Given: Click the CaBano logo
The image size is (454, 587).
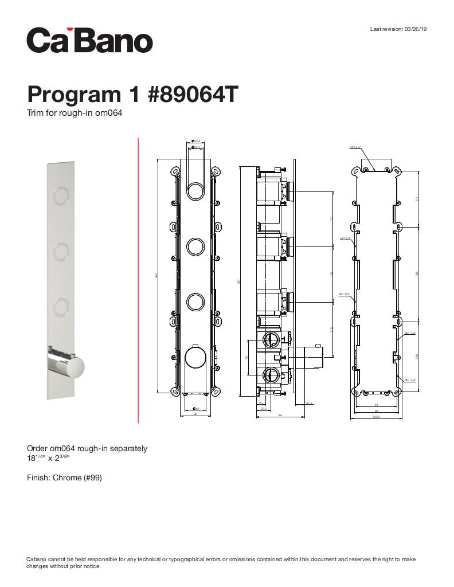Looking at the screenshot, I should click(90, 40).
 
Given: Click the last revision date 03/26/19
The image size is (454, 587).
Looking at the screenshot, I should click(416, 29).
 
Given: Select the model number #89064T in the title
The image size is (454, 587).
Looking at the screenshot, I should click(192, 95).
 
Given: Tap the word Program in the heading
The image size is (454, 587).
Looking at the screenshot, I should click(69, 95).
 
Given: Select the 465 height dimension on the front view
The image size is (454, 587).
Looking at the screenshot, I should click(156, 276).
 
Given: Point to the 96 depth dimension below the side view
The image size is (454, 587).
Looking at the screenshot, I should click(280, 416).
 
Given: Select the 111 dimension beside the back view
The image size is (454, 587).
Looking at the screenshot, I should click(418, 198).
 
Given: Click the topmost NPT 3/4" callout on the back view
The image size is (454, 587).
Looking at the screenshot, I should click(355, 147).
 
